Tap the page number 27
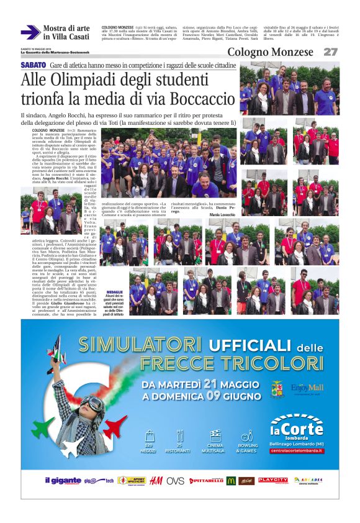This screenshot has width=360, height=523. (330, 52)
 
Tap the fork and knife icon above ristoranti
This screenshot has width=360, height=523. (180, 435)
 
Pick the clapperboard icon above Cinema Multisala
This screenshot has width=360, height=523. (215, 435)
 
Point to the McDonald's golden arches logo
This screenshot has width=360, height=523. (232, 481)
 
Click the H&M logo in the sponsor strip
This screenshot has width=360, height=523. (156, 481)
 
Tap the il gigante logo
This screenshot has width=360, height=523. (61, 481)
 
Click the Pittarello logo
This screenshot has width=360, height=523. (206, 481)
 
